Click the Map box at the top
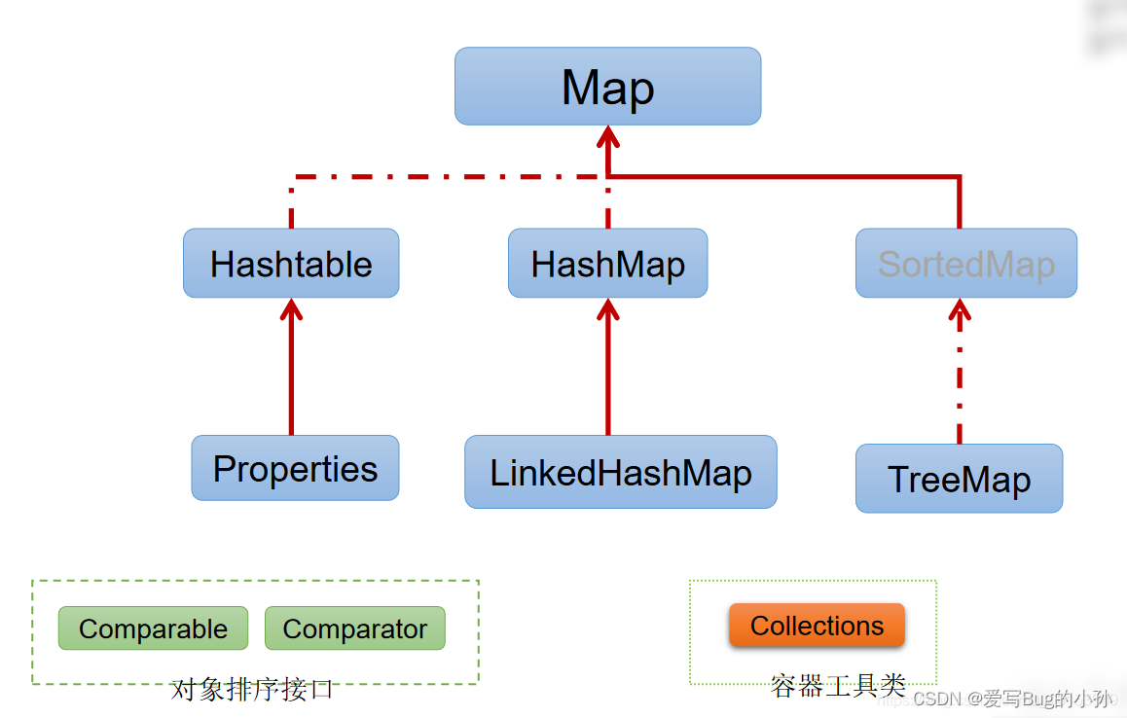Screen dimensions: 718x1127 (607, 87)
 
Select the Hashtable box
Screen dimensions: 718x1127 (291, 264)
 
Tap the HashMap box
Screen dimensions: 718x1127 (607, 264)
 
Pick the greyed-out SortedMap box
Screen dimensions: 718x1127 (965, 264)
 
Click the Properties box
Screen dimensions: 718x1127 (295, 468)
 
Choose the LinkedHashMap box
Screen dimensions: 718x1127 (620, 472)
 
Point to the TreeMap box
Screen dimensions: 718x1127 (959, 479)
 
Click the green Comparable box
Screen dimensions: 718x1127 (153, 628)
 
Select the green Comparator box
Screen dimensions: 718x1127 (354, 628)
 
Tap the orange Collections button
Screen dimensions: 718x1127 (817, 626)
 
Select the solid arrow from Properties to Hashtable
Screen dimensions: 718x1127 (291, 375)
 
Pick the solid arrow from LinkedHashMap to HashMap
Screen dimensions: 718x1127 (608, 375)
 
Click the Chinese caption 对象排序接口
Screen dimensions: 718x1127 (252, 690)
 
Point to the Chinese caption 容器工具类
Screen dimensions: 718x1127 (838, 686)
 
